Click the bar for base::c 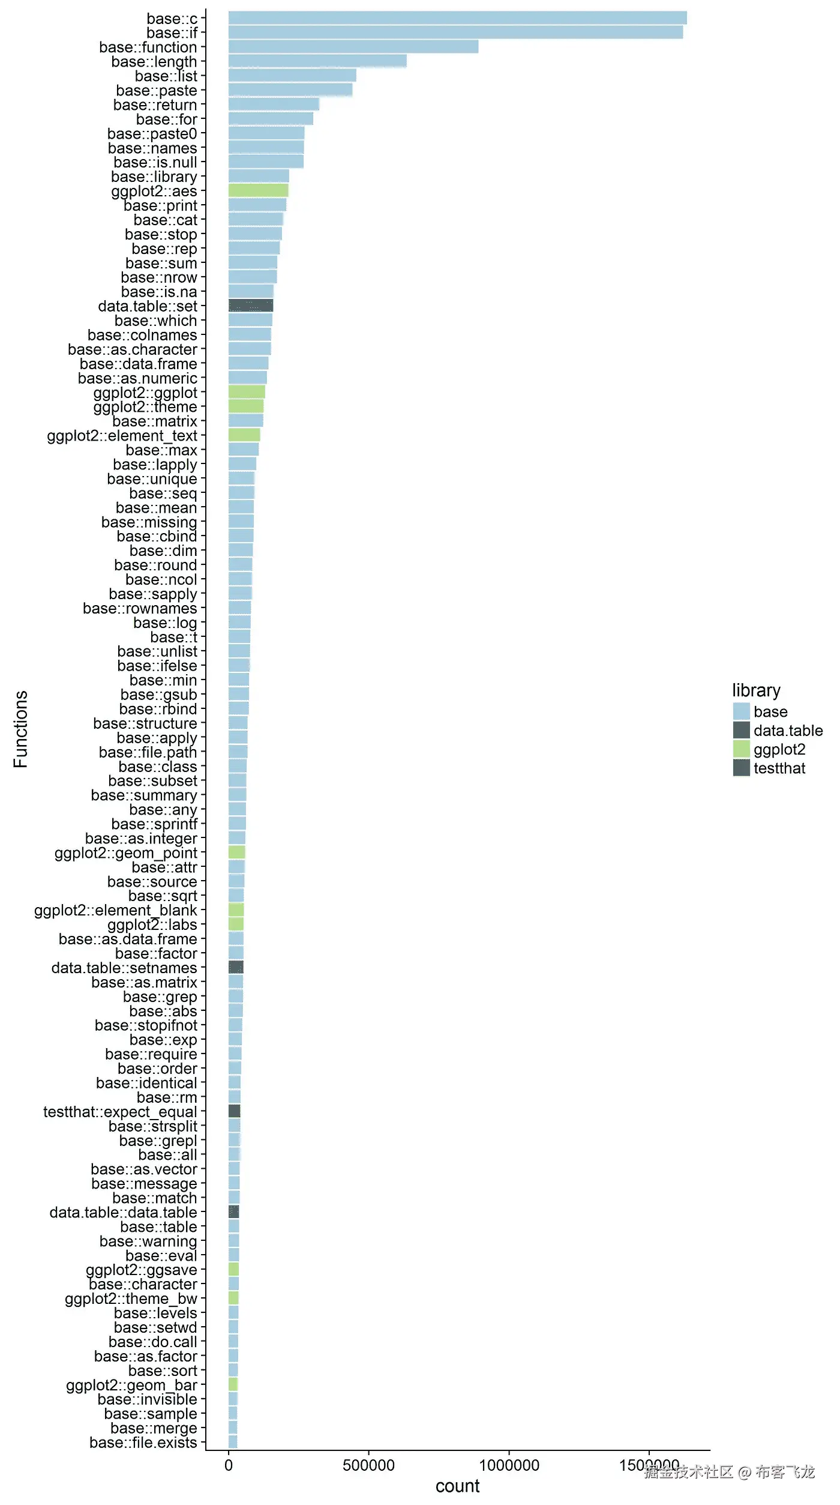tap(457, 18)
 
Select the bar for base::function tap(353, 47)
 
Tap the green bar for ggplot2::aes tap(258, 191)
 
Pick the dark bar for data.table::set tap(251, 306)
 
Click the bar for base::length tap(317, 61)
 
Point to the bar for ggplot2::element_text tap(244, 435)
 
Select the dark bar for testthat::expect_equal tap(235, 1111)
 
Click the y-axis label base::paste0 tap(152, 133)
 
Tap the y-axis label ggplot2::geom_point tap(125, 852)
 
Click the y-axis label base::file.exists tap(143, 1443)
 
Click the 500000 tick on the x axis tap(368, 1465)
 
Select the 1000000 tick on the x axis tap(509, 1465)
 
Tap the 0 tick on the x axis tap(229, 1465)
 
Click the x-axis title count tap(457, 1486)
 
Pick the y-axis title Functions tap(20, 729)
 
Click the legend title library tap(756, 690)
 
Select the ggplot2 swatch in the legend tap(742, 749)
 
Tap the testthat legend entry tap(779, 768)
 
